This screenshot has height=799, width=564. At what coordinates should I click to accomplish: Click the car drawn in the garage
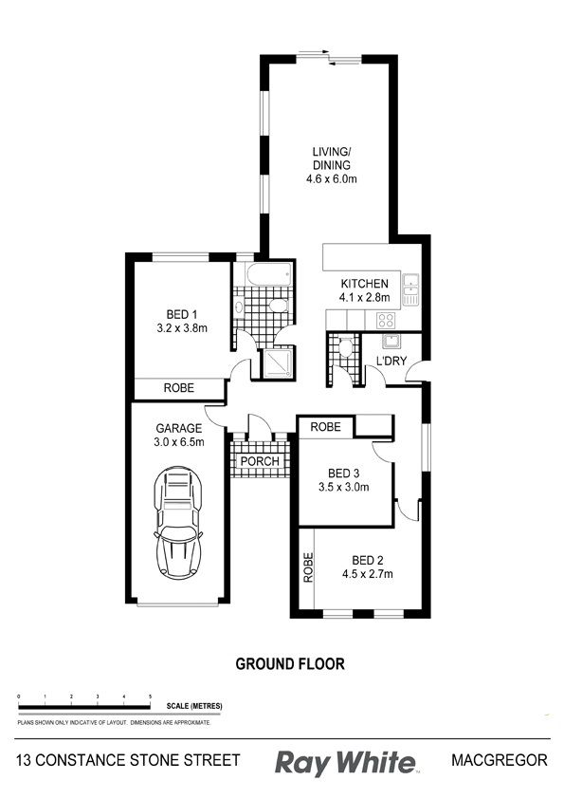coord(178,522)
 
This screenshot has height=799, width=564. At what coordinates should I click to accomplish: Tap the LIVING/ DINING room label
coord(332,158)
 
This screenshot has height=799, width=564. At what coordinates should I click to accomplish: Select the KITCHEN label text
coord(364,284)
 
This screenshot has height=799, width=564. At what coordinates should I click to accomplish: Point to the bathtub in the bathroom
coord(269,274)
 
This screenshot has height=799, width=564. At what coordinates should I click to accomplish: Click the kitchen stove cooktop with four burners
coord(385,321)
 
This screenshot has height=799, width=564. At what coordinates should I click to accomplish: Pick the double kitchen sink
coord(410,289)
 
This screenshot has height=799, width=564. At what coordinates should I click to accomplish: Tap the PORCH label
coord(260,461)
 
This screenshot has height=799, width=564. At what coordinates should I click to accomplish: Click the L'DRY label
coord(391,361)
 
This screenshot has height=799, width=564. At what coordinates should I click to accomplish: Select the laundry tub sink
coord(391,341)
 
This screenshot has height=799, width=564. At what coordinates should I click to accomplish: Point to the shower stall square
coord(277,362)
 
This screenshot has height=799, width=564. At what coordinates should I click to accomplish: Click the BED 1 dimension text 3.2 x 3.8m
coord(182,328)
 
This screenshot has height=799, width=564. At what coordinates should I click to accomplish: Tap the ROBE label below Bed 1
coord(178,388)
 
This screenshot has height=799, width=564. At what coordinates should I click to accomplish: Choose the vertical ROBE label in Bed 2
coord(308,567)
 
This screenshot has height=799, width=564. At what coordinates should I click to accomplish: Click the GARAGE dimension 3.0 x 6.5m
coord(178,442)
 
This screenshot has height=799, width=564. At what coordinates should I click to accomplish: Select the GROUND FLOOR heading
coord(290,663)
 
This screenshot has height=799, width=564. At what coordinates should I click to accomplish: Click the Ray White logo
coord(345,763)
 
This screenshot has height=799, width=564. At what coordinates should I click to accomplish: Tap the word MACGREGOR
coord(500,760)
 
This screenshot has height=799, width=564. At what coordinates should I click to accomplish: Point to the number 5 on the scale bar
coord(150,697)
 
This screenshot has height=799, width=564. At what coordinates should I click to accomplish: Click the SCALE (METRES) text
coord(194,706)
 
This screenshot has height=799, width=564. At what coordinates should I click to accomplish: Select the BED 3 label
coord(343,474)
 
